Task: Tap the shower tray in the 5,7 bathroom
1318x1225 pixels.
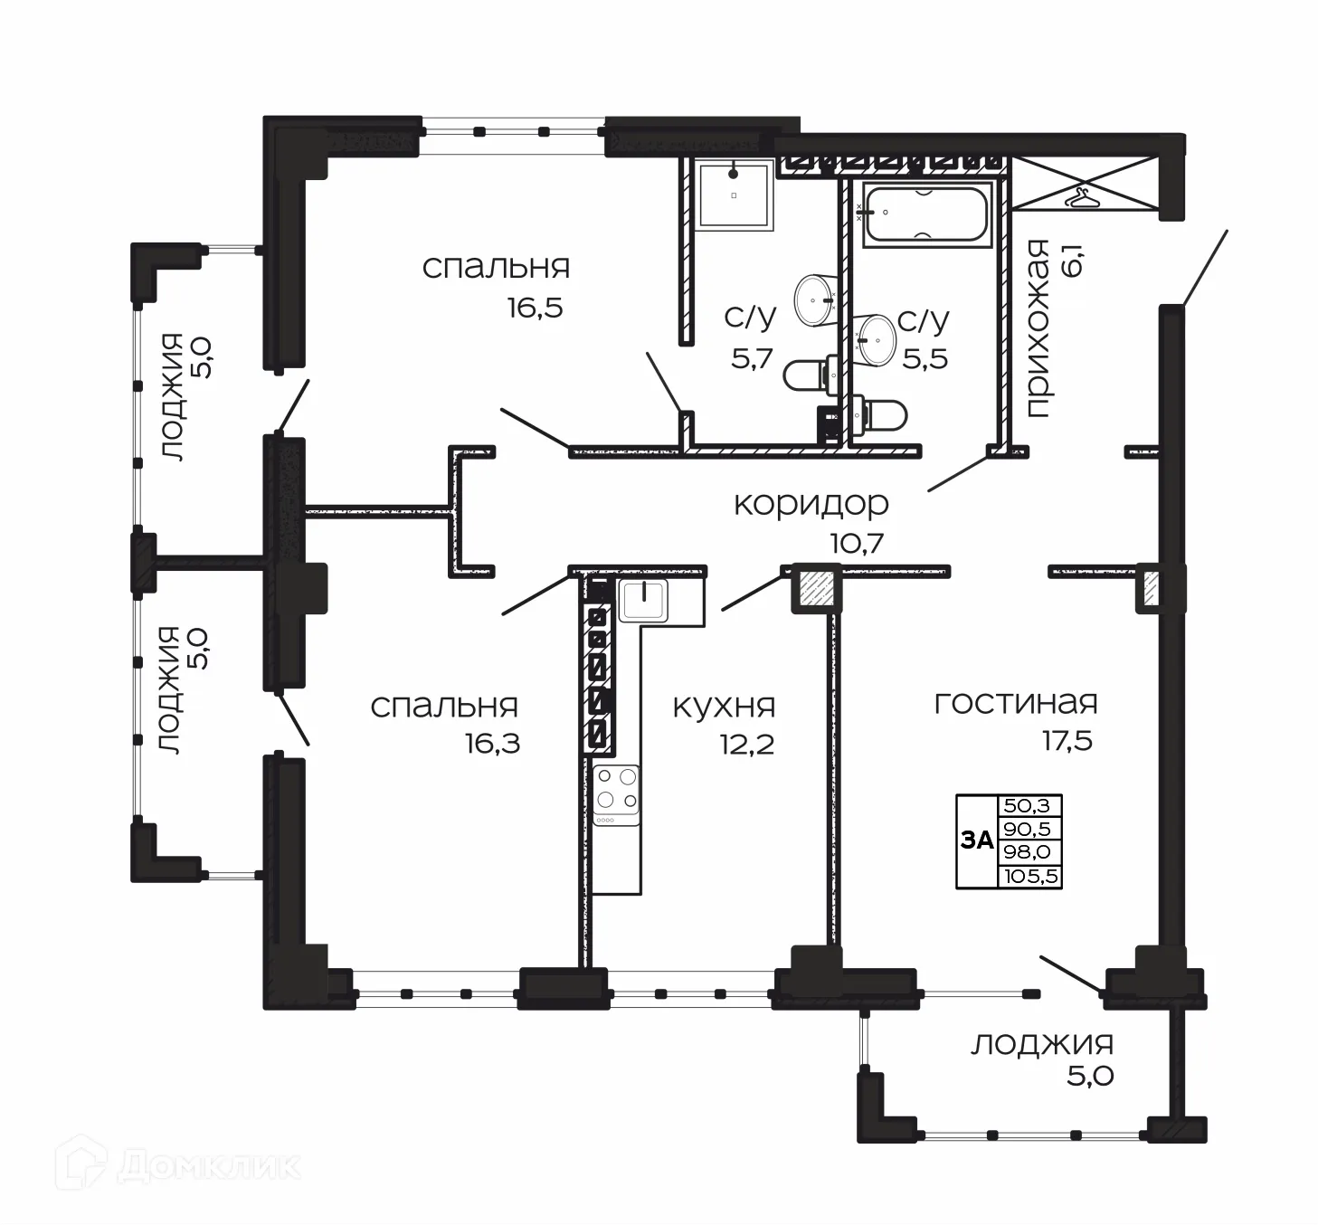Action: coord(733,195)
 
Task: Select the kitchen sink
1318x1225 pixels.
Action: coord(643,600)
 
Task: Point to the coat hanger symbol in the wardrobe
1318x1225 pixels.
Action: coord(1080,195)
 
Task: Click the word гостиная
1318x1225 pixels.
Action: coord(1015,703)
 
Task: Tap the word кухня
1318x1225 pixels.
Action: coord(724,707)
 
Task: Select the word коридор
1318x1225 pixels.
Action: coord(811,504)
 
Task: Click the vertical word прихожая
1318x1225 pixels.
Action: coord(1038,329)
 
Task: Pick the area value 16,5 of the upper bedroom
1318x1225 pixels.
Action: coord(535,308)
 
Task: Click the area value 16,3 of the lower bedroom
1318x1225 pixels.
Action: coord(492,745)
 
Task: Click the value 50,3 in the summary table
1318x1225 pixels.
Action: coord(1029,805)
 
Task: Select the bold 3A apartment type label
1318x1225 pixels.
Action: coord(976,840)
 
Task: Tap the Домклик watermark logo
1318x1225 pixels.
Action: coord(177,1166)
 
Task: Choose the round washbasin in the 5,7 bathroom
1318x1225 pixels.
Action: coord(817,299)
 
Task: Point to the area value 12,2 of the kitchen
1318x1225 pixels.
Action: coord(747,745)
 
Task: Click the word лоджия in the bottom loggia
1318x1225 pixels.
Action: coord(1041,1045)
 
